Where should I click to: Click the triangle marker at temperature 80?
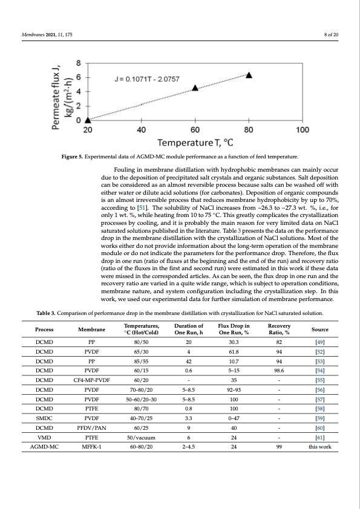point(249,75)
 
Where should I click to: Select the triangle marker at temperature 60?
point(195,88)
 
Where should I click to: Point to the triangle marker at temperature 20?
point(88,120)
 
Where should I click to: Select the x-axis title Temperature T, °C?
point(195,143)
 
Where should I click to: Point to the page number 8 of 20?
point(331,34)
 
